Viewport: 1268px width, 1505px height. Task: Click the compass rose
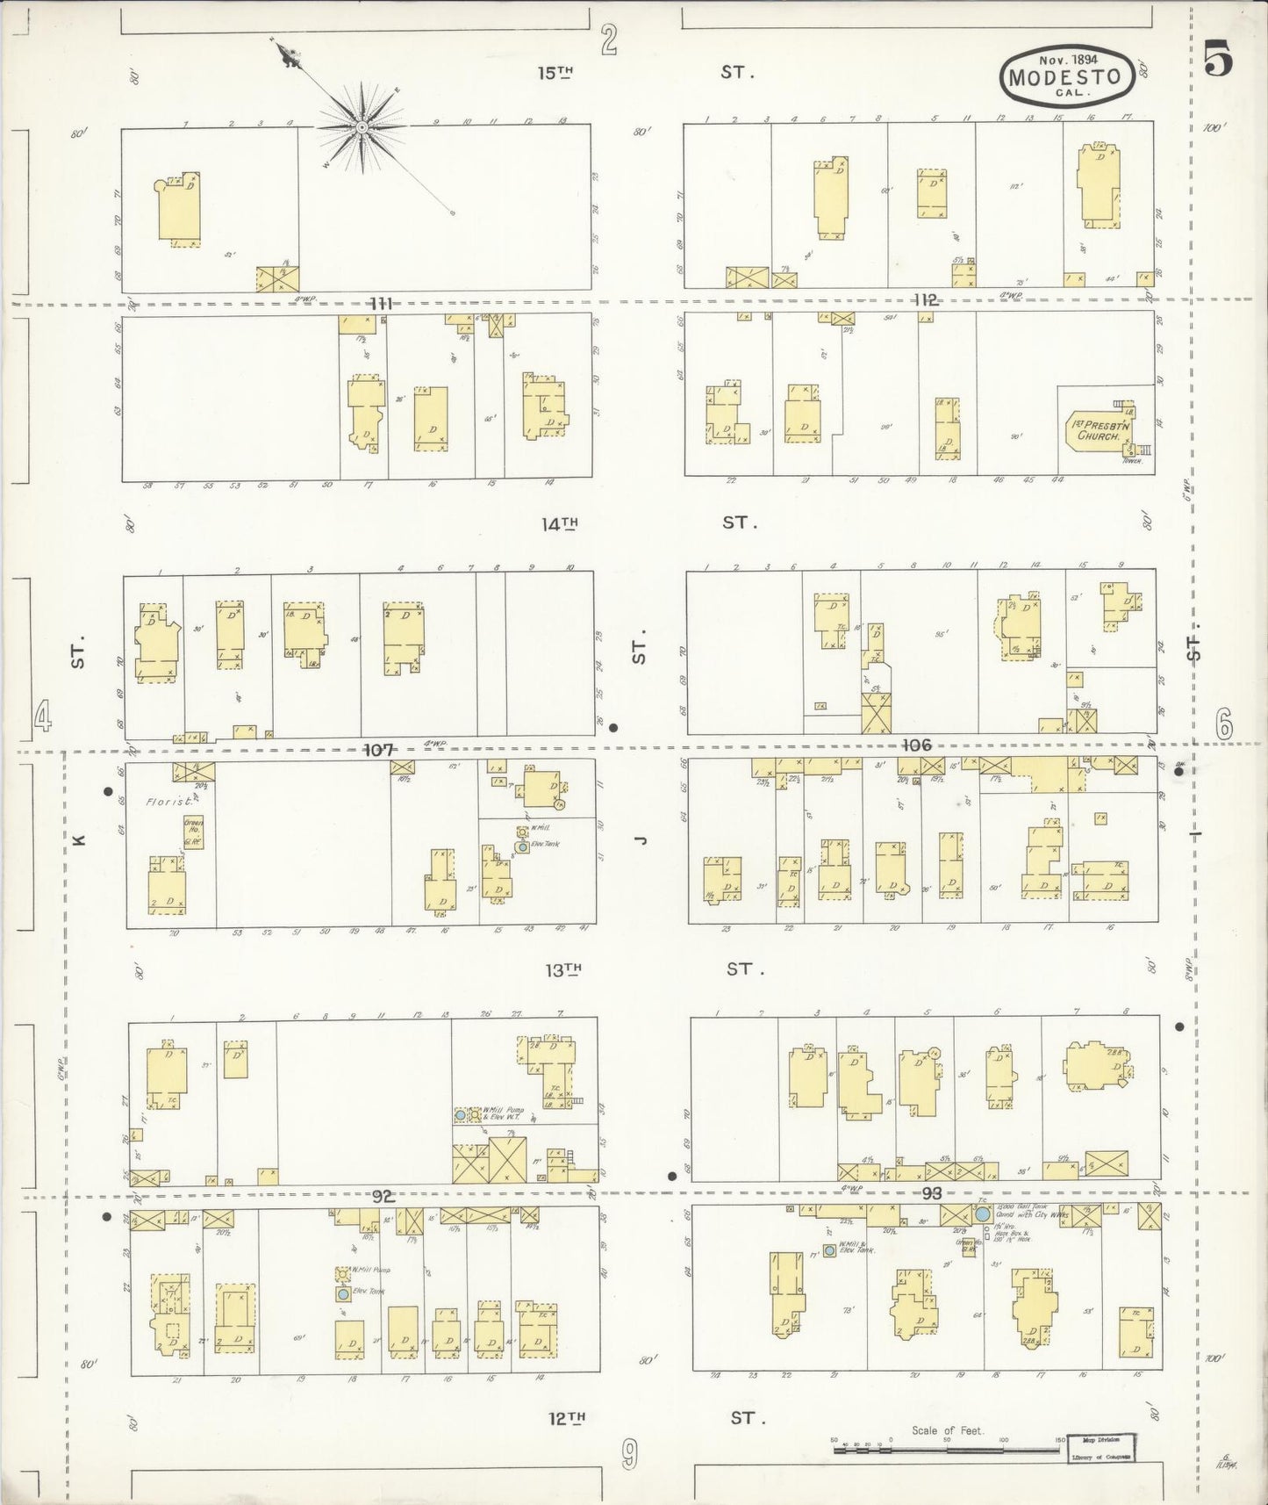click(x=362, y=128)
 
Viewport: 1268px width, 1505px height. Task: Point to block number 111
click(x=380, y=304)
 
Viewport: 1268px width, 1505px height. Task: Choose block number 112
click(x=925, y=300)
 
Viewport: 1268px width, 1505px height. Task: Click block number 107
click(x=379, y=750)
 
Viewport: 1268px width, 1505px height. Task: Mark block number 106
click(x=915, y=745)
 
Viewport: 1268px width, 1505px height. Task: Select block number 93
click(x=931, y=1193)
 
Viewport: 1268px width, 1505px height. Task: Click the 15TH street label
click(x=555, y=73)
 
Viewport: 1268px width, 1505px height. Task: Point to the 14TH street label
click(x=559, y=524)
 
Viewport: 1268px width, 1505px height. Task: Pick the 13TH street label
click(x=563, y=969)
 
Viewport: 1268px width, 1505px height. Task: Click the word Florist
click(x=164, y=801)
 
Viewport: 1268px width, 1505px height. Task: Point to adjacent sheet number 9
click(x=629, y=1457)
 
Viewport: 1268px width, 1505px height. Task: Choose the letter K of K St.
click(x=78, y=840)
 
